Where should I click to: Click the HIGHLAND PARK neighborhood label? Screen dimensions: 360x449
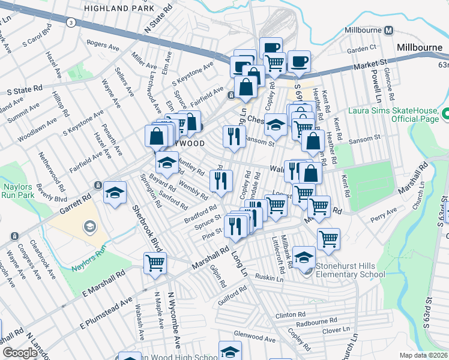point(115,8)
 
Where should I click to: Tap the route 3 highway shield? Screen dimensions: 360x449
point(71,22)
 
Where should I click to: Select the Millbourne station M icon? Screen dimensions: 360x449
point(388,31)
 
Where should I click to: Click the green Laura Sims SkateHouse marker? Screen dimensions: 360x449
point(445,113)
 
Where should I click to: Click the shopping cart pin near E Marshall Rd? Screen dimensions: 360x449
point(155,263)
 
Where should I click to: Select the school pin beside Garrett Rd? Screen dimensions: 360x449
point(115,193)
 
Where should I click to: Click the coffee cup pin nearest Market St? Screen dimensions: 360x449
point(298,61)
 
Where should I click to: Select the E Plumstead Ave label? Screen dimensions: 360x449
point(106,311)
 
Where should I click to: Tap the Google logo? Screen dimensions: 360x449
point(20,352)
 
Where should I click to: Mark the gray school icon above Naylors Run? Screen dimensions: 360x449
point(89,226)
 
